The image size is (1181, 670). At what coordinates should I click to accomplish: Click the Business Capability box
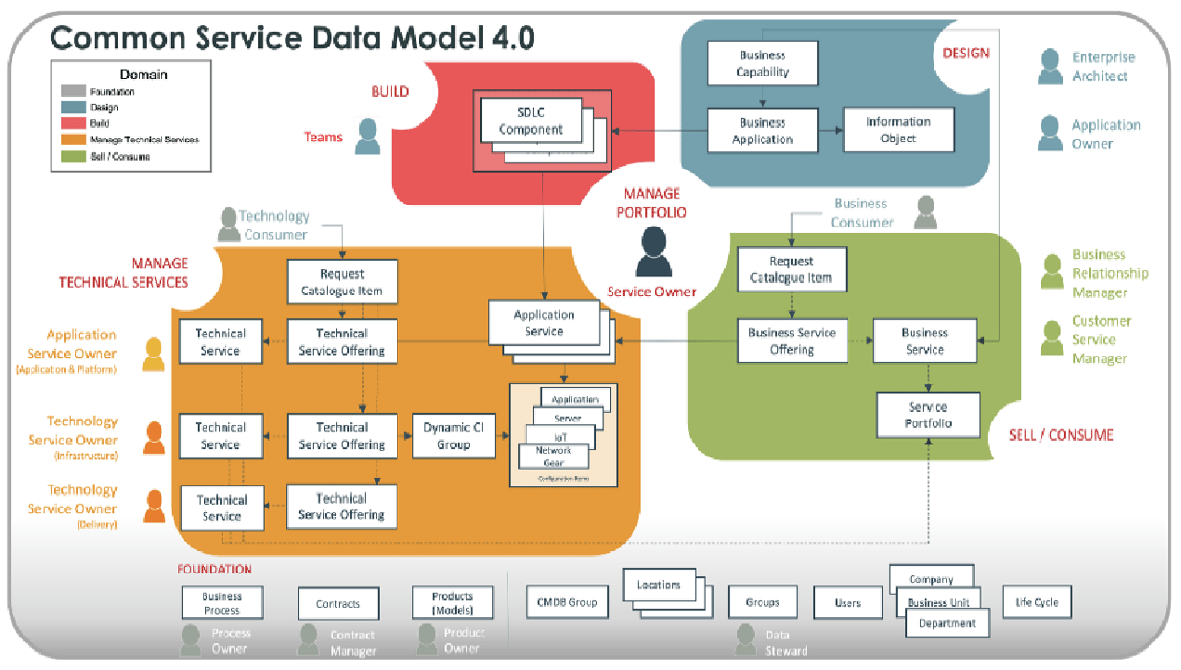pyautogui.click(x=762, y=63)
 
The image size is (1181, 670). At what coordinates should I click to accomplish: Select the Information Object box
pyautogui.click(x=897, y=130)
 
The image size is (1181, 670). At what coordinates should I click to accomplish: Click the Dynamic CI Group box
pyautogui.click(x=453, y=436)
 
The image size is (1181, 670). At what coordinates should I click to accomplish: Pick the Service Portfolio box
pyautogui.click(x=928, y=415)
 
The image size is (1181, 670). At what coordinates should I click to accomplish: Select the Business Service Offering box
pyautogui.click(x=791, y=341)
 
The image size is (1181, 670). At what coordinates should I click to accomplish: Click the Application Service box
pyautogui.click(x=544, y=323)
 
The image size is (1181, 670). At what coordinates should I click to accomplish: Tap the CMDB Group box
pyautogui.click(x=567, y=602)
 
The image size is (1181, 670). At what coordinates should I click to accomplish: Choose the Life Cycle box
pyautogui.click(x=1037, y=602)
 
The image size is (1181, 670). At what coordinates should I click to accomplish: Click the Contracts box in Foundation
pyautogui.click(x=338, y=604)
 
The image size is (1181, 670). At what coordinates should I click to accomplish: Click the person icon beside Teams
pyautogui.click(x=368, y=137)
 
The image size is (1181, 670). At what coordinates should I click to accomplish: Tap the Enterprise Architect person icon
pyautogui.click(x=1050, y=67)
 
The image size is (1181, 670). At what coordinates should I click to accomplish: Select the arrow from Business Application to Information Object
pyautogui.click(x=830, y=130)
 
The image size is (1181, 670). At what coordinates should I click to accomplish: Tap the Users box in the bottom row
pyautogui.click(x=847, y=603)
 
